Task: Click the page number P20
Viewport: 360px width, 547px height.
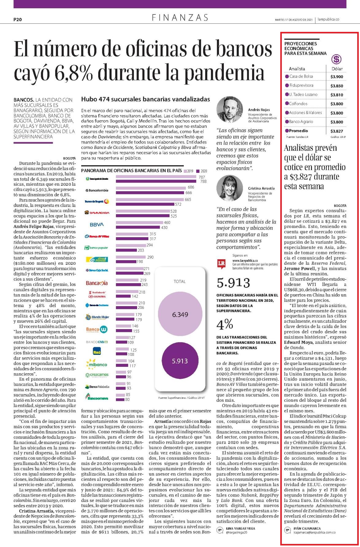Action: pos(17,19)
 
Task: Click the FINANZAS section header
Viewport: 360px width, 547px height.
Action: pos(180,18)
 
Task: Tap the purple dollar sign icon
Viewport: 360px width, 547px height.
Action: pos(337,59)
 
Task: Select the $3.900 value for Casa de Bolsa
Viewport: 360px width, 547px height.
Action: pos(337,77)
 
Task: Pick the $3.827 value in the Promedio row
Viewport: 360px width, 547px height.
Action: pos(337,131)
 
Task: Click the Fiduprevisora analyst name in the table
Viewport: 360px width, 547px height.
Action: pos(301,85)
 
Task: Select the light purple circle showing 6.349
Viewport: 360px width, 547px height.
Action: pos(180,315)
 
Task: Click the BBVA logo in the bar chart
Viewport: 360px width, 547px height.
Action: pos(97,225)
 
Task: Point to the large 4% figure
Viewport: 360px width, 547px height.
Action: pos(225,324)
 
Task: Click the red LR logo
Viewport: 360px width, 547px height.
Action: pos(221,264)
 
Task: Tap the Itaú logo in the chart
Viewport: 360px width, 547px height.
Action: pos(97,351)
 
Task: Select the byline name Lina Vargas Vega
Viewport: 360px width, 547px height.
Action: pos(240,529)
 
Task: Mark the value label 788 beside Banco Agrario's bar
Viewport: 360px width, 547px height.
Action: pos(203,181)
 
